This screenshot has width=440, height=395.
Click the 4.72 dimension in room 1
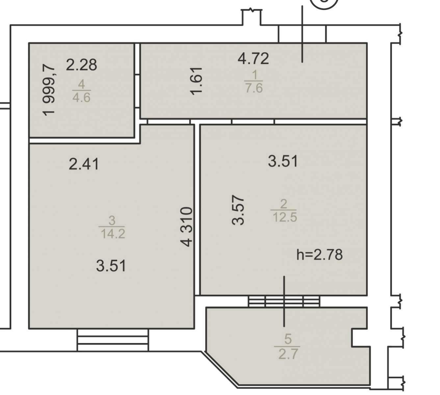point(253,59)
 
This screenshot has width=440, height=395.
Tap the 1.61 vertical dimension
point(196,81)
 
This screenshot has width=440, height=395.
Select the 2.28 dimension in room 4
point(81,65)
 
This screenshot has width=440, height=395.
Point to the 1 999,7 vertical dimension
point(49,91)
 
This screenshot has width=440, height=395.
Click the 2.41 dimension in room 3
point(84,164)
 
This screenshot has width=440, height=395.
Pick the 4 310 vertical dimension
point(187,227)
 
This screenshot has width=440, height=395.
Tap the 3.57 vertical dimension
point(238,210)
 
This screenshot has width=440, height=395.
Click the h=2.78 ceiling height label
point(320,255)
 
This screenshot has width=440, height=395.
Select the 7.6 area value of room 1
point(254,88)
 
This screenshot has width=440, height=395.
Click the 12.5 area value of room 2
point(285,217)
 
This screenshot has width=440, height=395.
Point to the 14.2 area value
point(113,234)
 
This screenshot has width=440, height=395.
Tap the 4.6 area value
point(81,97)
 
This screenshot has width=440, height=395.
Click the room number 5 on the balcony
point(288,339)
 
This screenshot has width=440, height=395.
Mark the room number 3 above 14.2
point(112,220)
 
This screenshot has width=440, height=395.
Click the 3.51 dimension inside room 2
point(283,161)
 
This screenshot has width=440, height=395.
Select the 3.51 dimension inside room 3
point(111,266)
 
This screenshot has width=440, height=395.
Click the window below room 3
point(113,340)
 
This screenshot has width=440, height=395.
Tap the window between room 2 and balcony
point(284,301)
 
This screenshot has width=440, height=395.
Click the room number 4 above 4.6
point(81,84)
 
